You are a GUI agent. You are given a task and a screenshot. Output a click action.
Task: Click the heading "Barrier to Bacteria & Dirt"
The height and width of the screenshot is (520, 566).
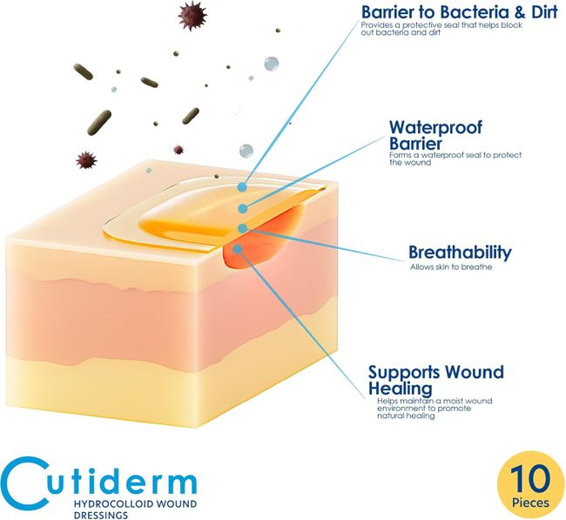point(459,12)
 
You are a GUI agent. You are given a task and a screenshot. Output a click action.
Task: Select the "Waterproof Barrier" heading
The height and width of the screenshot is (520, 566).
point(435,135)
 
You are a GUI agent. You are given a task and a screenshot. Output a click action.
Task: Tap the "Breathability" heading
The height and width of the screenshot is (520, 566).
point(460,252)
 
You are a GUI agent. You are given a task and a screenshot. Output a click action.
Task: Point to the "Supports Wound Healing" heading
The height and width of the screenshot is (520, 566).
point(436,381)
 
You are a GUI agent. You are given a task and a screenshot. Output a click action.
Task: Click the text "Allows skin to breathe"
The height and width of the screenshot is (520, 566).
point(451,267)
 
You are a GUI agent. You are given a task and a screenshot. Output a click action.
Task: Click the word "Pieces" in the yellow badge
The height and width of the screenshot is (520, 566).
point(530,503)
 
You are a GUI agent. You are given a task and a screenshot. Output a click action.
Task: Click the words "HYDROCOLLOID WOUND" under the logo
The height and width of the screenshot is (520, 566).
point(135,503)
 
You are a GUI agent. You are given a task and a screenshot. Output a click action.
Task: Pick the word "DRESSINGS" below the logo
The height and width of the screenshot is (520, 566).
point(101,515)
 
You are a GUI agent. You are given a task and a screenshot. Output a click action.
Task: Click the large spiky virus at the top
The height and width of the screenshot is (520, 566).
point(192,16)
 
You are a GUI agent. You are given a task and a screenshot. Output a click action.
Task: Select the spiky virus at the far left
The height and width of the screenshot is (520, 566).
point(86,160)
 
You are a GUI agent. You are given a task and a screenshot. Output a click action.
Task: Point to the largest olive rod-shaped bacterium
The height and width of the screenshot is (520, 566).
point(99,123)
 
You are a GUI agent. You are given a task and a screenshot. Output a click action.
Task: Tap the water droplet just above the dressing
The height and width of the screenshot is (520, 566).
point(246,151)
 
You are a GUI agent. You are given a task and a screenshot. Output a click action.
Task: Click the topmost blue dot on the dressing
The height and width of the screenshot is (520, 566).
point(242,187)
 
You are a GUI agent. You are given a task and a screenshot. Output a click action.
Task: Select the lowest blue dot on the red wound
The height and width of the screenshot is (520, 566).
point(237,249)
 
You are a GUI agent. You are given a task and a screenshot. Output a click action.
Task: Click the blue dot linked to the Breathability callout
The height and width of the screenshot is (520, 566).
point(243,228)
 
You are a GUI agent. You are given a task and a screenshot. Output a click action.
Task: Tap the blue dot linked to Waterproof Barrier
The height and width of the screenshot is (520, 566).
point(244,208)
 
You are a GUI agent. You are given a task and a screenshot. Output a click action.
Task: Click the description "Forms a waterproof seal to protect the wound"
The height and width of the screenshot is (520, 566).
point(455,159)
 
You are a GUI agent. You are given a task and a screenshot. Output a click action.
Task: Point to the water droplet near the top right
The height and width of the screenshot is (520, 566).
point(272,64)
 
